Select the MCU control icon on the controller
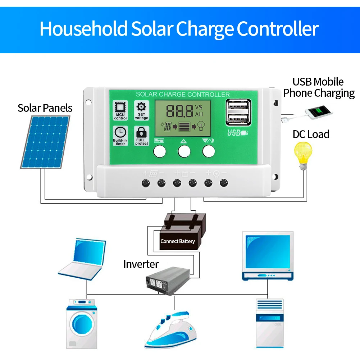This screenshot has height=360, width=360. click(x=120, y=110)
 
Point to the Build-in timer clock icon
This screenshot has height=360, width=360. click(x=120, y=136)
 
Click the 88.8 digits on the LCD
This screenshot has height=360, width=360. click(x=179, y=111)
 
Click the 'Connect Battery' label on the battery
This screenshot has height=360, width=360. click(x=178, y=241)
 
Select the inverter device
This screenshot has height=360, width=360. click(x=167, y=280)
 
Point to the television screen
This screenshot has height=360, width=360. click(x=267, y=252)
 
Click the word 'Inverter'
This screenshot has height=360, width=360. click(x=141, y=264)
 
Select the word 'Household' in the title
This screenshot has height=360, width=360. click(x=83, y=29)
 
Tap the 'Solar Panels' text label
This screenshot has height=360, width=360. click(x=45, y=108)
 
